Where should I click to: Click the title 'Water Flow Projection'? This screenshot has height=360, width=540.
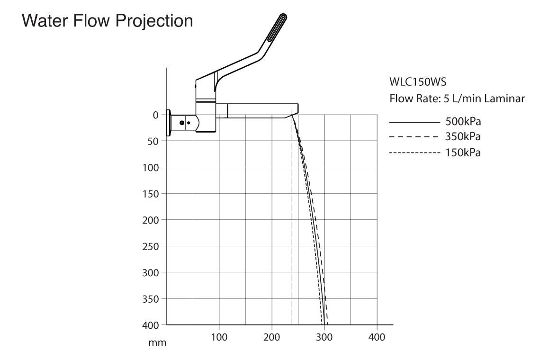(108, 21)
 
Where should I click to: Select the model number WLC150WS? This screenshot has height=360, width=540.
(418, 82)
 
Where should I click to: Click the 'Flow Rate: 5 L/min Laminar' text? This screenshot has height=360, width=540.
(457, 99)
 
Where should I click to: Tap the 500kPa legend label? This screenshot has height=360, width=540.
(463, 122)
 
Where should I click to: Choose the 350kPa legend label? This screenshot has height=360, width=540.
(463, 137)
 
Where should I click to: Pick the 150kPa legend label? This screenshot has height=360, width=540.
(463, 153)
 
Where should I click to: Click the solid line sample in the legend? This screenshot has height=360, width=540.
(414, 122)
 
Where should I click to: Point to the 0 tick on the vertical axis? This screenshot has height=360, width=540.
(156, 115)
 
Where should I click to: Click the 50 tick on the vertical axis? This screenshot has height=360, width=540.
(153, 141)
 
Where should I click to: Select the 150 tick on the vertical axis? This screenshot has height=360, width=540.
(151, 194)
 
